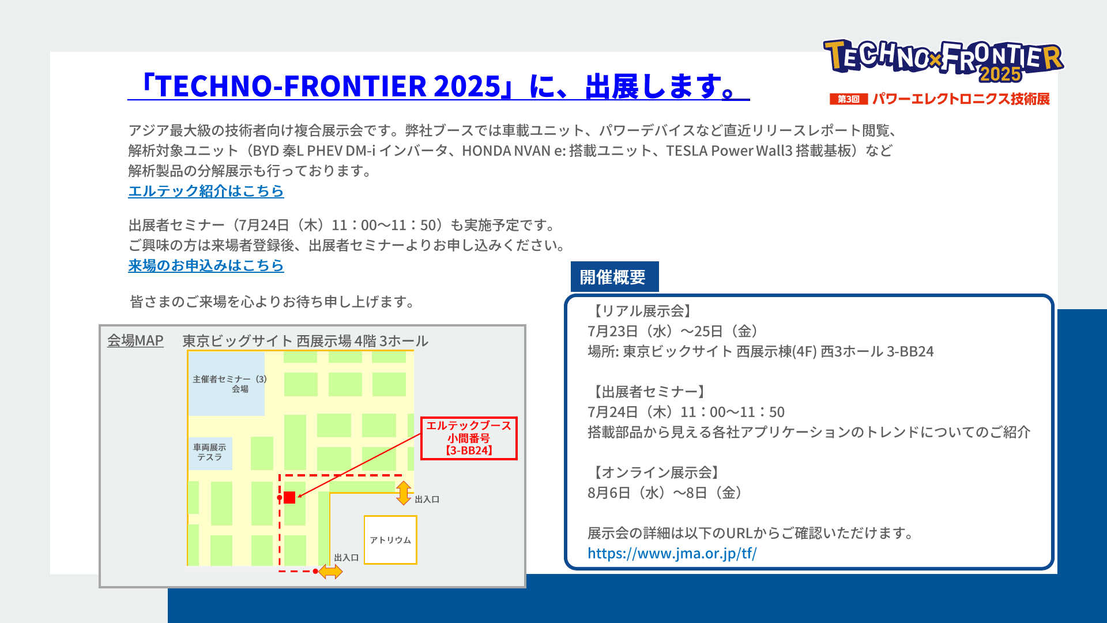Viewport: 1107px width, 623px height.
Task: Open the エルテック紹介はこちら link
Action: (206, 191)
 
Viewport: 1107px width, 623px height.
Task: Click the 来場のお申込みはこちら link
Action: (206, 265)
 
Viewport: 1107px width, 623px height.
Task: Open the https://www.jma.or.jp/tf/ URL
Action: (672, 553)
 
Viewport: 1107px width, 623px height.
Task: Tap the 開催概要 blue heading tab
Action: (614, 277)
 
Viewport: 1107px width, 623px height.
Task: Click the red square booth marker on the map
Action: (289, 497)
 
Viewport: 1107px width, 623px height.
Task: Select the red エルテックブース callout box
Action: (469, 438)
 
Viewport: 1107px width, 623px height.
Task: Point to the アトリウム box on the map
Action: (390, 539)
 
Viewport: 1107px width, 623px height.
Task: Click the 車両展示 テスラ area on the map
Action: (210, 452)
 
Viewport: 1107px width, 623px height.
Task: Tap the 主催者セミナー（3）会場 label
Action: (229, 384)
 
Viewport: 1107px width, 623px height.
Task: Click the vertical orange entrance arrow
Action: (404, 493)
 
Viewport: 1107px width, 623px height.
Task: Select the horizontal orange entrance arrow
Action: (330, 572)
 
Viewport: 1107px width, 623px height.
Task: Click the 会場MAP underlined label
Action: (135, 340)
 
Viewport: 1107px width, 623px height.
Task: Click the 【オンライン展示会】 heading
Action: (656, 472)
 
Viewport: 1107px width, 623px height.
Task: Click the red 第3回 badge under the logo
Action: (849, 99)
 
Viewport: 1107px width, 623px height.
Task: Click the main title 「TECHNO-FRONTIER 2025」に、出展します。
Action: (439, 86)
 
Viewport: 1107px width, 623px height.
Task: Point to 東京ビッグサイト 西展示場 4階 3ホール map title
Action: (306, 341)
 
